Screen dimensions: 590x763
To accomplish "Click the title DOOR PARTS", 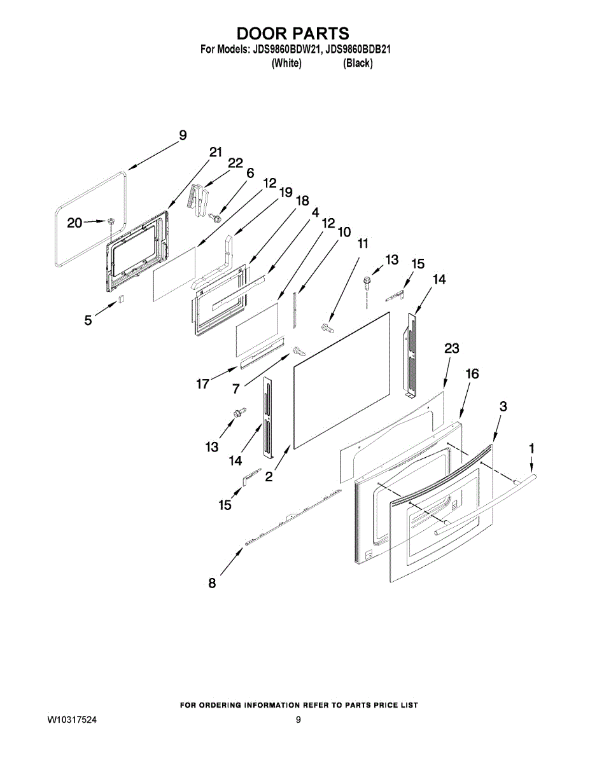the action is pos(293,34).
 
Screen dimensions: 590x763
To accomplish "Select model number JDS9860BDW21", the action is pos(286,50).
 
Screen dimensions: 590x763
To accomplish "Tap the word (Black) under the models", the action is pos(358,63).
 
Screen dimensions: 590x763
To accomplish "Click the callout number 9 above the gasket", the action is pos(183,135).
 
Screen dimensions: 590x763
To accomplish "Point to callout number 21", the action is pos(215,153).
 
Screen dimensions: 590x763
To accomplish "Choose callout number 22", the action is pos(235,163).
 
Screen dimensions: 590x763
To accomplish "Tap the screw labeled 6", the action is pos(214,217).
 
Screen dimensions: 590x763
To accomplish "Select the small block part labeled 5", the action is pos(121,298).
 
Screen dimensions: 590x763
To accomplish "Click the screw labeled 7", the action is pos(299,351).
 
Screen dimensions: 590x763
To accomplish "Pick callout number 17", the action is pos(203,384).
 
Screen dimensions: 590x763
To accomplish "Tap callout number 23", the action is pos(451,348).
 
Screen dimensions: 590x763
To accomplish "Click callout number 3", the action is pos(503,406).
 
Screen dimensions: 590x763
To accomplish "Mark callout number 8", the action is pos(212,584).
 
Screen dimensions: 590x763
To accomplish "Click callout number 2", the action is pos(269,476).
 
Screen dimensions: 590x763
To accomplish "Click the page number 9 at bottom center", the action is pos(298,720).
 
